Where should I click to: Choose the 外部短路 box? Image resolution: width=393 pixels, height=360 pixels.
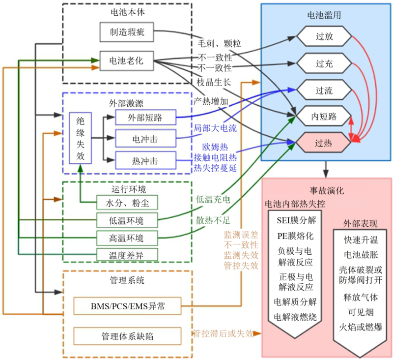pyautogui.click(x=145, y=118)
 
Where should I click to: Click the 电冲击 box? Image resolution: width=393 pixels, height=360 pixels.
pyautogui.click(x=145, y=139)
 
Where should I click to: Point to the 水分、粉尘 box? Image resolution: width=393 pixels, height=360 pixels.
pyautogui.click(x=127, y=202)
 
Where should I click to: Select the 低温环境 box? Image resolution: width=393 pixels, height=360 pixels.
pyautogui.click(x=127, y=220)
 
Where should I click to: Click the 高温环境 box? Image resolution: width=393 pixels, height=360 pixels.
pyautogui.click(x=127, y=238)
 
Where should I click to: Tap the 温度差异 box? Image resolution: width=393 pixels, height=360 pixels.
pyautogui.click(x=127, y=255)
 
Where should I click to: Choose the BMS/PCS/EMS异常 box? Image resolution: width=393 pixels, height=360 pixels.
pyautogui.click(x=127, y=306)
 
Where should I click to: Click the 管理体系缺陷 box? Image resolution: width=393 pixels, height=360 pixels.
pyautogui.click(x=127, y=336)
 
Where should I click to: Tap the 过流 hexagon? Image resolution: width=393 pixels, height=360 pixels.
pyautogui.click(x=324, y=90)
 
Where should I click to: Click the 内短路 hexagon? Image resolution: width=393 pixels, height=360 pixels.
pyautogui.click(x=324, y=117)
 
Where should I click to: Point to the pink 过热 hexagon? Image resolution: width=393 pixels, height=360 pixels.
pyautogui.click(x=324, y=143)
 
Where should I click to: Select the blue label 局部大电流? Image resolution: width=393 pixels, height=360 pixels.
pyautogui.click(x=215, y=128)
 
